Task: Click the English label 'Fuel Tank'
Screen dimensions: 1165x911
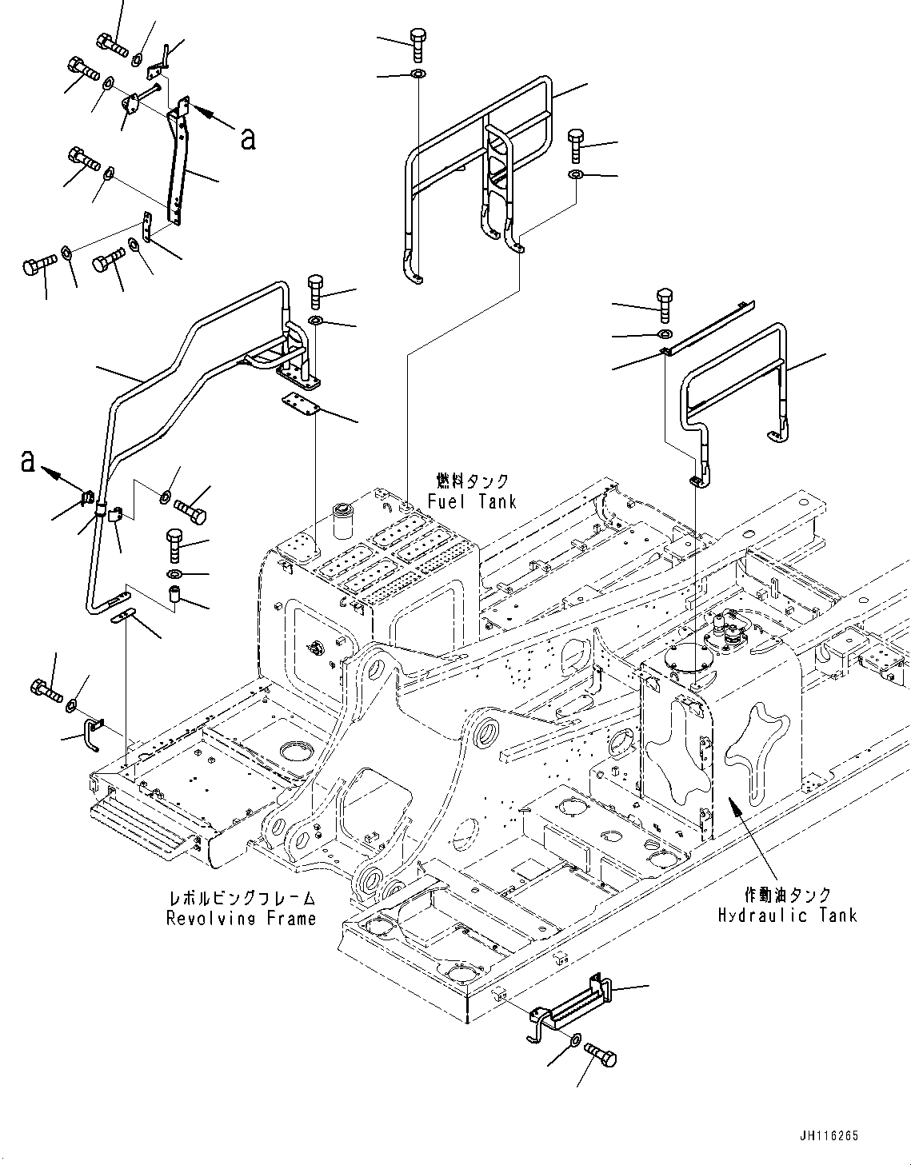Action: tap(472, 501)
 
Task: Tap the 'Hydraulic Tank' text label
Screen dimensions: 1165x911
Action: tap(787, 916)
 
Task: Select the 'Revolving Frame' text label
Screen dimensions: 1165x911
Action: tap(241, 919)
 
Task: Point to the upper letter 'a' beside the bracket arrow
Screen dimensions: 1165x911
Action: tap(248, 138)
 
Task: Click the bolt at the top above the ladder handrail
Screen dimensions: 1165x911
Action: tap(418, 43)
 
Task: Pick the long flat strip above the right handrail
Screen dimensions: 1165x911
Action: tap(708, 328)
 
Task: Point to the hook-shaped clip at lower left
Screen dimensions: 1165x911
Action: tap(91, 732)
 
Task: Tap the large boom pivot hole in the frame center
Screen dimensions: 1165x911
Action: tap(487, 734)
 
